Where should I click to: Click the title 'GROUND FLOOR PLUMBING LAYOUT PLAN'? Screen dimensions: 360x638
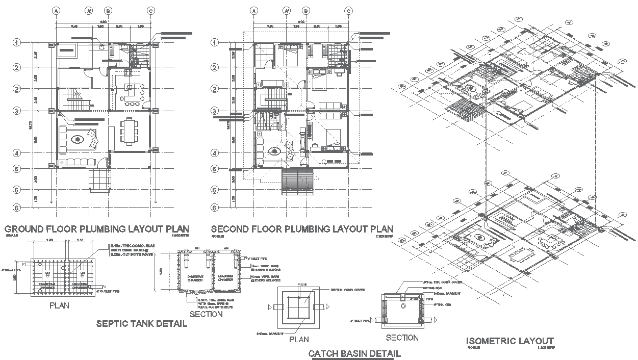tap(96, 229)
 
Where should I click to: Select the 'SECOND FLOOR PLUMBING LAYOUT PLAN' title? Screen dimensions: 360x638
tap(302, 229)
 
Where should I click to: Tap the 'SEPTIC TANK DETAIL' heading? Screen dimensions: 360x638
tap(142, 324)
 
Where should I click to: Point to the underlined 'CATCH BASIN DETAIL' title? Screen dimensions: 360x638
tap(354, 353)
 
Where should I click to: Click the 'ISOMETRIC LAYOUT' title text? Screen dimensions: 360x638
tap(510, 341)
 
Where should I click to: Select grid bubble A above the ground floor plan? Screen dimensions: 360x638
tap(56, 11)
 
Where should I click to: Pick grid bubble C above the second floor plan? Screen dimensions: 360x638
tap(349, 11)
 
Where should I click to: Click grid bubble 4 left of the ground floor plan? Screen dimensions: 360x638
tap(17, 153)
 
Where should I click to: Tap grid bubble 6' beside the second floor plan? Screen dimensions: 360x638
tap(215, 208)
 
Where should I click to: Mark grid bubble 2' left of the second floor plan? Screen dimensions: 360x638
tap(215, 89)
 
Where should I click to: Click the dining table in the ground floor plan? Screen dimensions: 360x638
tap(129, 130)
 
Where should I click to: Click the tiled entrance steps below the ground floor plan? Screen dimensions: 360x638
tap(99, 179)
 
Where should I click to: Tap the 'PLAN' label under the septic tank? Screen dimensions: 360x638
tap(59, 306)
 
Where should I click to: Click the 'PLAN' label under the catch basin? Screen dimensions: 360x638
tap(298, 339)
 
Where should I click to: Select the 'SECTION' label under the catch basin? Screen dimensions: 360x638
tap(402, 338)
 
